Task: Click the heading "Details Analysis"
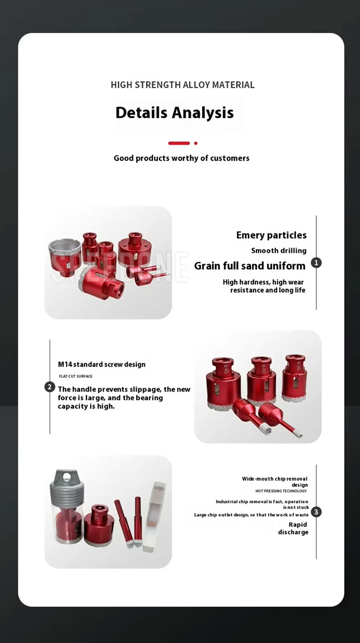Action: [x=175, y=113]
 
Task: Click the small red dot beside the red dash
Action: [x=196, y=143]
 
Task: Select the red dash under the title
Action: [x=179, y=143]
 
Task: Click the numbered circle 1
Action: [x=316, y=262]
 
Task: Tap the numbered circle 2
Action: [x=50, y=387]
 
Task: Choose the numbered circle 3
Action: [x=316, y=512]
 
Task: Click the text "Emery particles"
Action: [x=271, y=235]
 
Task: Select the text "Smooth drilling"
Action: [x=278, y=250]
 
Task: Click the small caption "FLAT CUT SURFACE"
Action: [x=76, y=376]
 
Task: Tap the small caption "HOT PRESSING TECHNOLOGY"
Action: [x=281, y=491]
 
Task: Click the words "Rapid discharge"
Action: [x=294, y=528]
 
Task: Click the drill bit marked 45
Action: [x=223, y=384]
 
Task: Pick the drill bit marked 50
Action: [x=99, y=525]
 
